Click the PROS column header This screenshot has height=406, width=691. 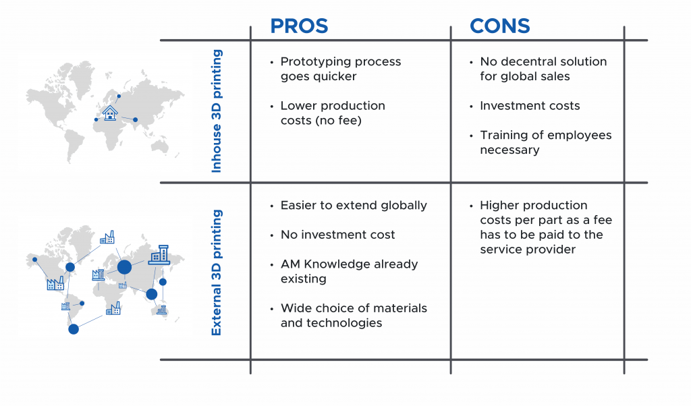(x=299, y=26)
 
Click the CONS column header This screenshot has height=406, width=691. (x=499, y=26)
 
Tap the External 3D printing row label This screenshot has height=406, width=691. (x=217, y=272)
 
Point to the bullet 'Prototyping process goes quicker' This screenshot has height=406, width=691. (x=341, y=69)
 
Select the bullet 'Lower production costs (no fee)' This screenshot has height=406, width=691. (x=333, y=113)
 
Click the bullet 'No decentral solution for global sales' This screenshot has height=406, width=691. (x=543, y=69)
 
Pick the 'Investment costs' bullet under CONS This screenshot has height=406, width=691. (x=530, y=106)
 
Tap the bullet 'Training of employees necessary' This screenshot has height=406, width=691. (x=545, y=142)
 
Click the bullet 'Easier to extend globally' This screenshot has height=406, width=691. (x=354, y=205)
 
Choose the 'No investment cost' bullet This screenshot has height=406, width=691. (x=337, y=235)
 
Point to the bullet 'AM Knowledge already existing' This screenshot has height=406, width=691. (x=349, y=271)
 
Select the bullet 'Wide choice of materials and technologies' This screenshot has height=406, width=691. (x=354, y=315)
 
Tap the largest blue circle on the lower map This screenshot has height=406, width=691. (x=124, y=267)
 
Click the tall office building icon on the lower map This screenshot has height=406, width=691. (x=159, y=254)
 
